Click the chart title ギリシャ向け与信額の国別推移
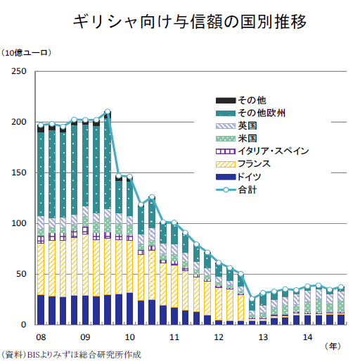point(189,22)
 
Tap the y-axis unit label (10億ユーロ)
point(26,53)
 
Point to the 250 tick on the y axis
point(19,71)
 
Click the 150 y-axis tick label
point(19,172)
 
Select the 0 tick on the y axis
point(23,325)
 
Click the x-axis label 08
point(41,337)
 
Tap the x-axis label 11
point(174,337)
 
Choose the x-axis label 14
point(307,337)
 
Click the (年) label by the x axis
point(333,346)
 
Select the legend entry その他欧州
point(250,113)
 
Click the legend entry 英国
point(236,126)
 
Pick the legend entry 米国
point(236,139)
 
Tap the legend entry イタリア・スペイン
point(262,151)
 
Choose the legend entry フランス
point(243,164)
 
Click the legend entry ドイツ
point(238,177)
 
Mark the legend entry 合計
point(236,189)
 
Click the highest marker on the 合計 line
point(108,111)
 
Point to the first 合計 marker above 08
point(41,125)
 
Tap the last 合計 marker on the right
point(341,287)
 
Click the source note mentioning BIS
point(71,354)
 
